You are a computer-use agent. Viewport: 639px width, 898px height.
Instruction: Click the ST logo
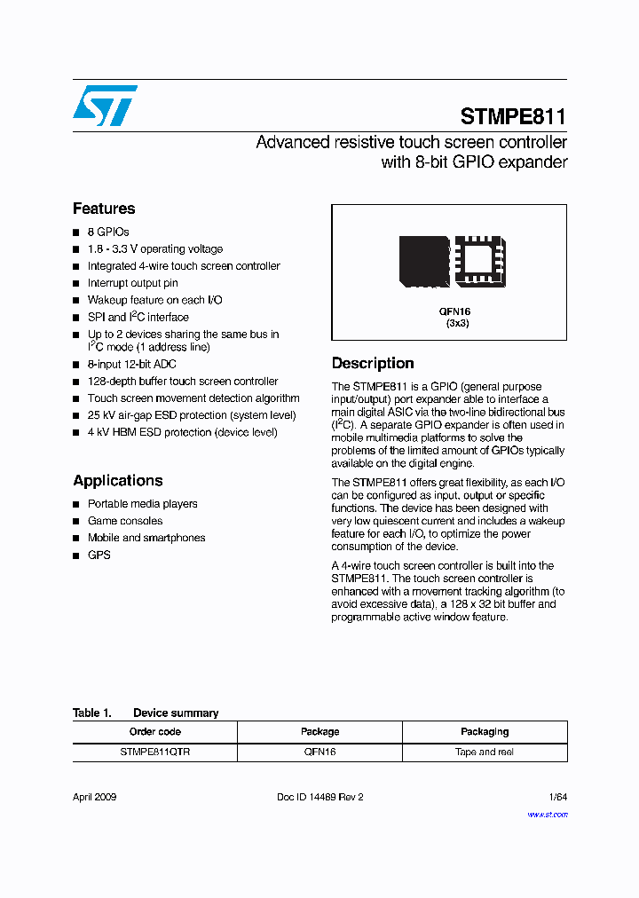[x=105, y=106]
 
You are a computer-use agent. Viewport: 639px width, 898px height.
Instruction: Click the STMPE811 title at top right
[x=513, y=116]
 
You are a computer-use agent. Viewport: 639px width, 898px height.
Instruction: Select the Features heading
[x=104, y=209]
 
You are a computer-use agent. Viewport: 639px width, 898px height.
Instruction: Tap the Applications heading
[x=118, y=480]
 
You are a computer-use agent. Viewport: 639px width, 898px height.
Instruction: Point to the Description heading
[x=373, y=363]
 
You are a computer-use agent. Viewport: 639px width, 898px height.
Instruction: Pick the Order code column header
[x=155, y=731]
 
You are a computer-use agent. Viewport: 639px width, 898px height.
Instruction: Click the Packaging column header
[x=485, y=731]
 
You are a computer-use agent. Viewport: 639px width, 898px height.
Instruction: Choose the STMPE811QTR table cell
[x=155, y=752]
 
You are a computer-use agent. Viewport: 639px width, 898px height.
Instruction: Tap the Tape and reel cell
[x=485, y=752]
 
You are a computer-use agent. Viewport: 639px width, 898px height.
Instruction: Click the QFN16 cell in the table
[x=319, y=752]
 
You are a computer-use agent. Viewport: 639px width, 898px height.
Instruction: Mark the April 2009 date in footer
[x=95, y=797]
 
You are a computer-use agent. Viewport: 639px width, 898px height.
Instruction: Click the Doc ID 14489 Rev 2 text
[x=320, y=797]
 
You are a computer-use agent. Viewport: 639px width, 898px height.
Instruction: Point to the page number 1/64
[x=558, y=797]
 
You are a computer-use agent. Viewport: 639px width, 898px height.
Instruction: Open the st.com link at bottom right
[x=547, y=814]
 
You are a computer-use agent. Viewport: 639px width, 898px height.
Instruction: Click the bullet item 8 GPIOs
[x=108, y=232]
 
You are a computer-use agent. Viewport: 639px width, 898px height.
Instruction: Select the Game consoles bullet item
[x=125, y=521]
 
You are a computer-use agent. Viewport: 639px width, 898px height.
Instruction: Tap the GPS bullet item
[x=99, y=555]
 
